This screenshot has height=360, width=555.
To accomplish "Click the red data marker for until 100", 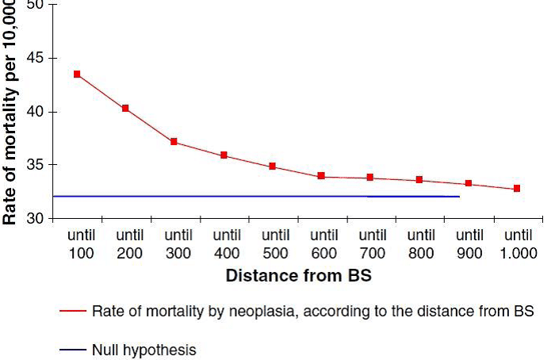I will coord(77,74).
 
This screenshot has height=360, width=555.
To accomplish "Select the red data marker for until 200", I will coord(125,108).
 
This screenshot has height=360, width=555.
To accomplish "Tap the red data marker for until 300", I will coord(174,142).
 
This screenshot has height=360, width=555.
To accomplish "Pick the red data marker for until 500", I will coord(272,167).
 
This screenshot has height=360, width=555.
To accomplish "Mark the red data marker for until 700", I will coord(370,178).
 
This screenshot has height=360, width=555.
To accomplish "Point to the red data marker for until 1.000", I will coord(517,189).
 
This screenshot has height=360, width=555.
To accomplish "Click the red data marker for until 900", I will coord(469,183).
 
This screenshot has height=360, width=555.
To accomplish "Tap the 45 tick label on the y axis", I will coord(36,58).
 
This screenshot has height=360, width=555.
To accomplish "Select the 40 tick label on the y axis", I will coord(36,112).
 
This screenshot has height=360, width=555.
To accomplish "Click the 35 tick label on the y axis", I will coord(36,165).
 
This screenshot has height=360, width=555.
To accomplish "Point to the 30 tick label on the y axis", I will coord(36,218).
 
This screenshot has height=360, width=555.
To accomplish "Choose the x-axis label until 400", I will coord(227,244).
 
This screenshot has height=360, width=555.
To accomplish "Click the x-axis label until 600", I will coord(324,244).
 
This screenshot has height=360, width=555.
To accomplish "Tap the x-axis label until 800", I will coord(422,244).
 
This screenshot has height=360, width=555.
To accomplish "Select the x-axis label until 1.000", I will coord(519,244).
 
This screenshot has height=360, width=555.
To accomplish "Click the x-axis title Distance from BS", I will coord(299,277).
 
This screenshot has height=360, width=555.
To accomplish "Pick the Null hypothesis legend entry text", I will coord(144,349).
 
